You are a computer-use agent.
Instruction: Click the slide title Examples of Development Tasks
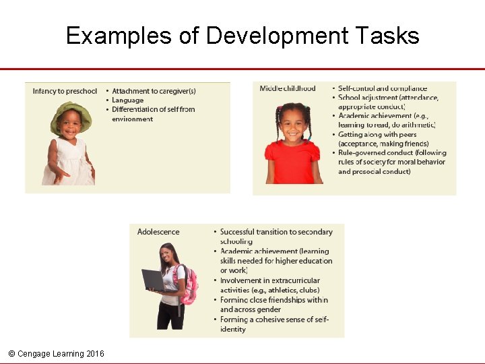pyautogui.click(x=243, y=35)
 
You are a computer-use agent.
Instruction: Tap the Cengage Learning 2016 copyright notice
pyautogui.click(x=56, y=353)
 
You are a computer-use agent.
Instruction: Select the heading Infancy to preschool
pyautogui.click(x=65, y=91)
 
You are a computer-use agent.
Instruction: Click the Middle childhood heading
pyautogui.click(x=288, y=88)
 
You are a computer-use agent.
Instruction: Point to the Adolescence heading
pyautogui.click(x=158, y=232)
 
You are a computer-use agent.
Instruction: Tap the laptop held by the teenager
pyautogui.click(x=153, y=279)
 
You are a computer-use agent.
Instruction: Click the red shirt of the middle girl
pyautogui.click(x=290, y=162)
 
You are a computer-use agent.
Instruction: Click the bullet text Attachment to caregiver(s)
pyautogui.click(x=154, y=91)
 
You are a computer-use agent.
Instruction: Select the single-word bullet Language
pyautogui.click(x=127, y=100)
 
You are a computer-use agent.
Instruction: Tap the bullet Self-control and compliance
pyautogui.click(x=382, y=88)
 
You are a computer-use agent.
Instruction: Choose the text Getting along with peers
pyautogui.click(x=377, y=134)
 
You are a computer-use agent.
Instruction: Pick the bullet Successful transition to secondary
pyautogui.click(x=276, y=232)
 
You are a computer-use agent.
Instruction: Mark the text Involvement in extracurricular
pyautogui.click(x=269, y=280)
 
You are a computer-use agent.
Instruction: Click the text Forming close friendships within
pyautogui.click(x=273, y=300)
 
